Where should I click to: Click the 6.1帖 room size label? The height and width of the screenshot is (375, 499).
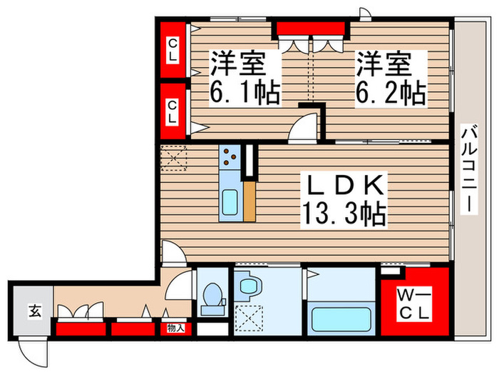pyautogui.click(x=244, y=93)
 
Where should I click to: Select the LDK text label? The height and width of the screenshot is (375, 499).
pyautogui.click(x=345, y=187)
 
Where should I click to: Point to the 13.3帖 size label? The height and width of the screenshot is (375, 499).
pyautogui.click(x=345, y=213)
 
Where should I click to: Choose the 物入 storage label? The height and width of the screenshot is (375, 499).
pyautogui.click(x=175, y=329)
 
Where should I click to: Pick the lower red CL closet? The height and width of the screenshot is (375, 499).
pyautogui.click(x=172, y=111)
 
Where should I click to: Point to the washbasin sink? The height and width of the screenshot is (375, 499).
pyautogui.click(x=248, y=288)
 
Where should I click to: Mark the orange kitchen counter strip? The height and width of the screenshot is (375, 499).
pyautogui.click(x=249, y=201)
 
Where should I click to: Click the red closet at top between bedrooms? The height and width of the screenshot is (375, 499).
pyautogui.click(x=312, y=29)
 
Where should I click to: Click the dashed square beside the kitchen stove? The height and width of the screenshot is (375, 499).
pyautogui.click(x=173, y=159)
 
